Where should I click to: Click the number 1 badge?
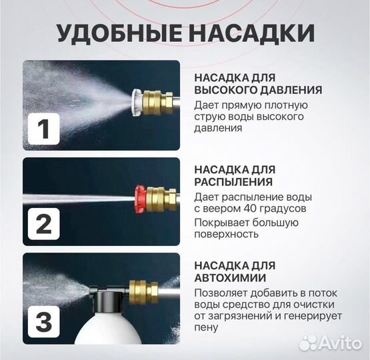43,129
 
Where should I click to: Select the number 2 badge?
43,224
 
